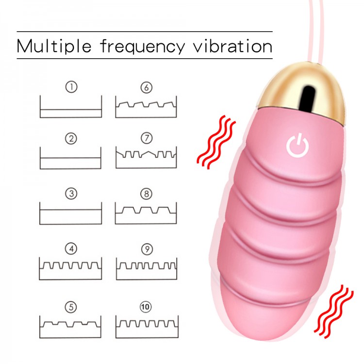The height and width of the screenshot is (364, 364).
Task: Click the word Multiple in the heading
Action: coord(54,46)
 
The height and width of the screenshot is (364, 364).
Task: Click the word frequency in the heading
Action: coord(143,47)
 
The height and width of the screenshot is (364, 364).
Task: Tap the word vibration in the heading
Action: coord(233,46)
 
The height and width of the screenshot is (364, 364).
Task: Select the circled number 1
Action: coord(71,87)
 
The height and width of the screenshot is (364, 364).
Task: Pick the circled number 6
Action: coord(147,87)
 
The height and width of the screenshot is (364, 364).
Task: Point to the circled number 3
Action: coord(71,194)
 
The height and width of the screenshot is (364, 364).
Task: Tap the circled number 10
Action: coord(146,307)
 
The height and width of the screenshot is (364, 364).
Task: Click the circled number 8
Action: coord(147,194)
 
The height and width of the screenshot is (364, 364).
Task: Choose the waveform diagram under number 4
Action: coord(70,268)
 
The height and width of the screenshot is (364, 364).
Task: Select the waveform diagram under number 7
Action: coord(146,157)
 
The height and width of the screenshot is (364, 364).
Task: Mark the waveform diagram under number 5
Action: coord(70,327)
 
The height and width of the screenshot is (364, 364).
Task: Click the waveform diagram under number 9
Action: coord(147,268)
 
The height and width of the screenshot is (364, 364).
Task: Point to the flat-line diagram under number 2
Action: coord(70,158)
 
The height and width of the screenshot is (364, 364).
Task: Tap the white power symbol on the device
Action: coord(298,145)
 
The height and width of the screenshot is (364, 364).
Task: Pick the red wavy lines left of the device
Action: coord(216,142)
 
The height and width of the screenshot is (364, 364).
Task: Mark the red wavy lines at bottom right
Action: coord(333,312)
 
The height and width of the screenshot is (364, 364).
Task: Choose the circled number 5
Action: coord(71,307)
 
